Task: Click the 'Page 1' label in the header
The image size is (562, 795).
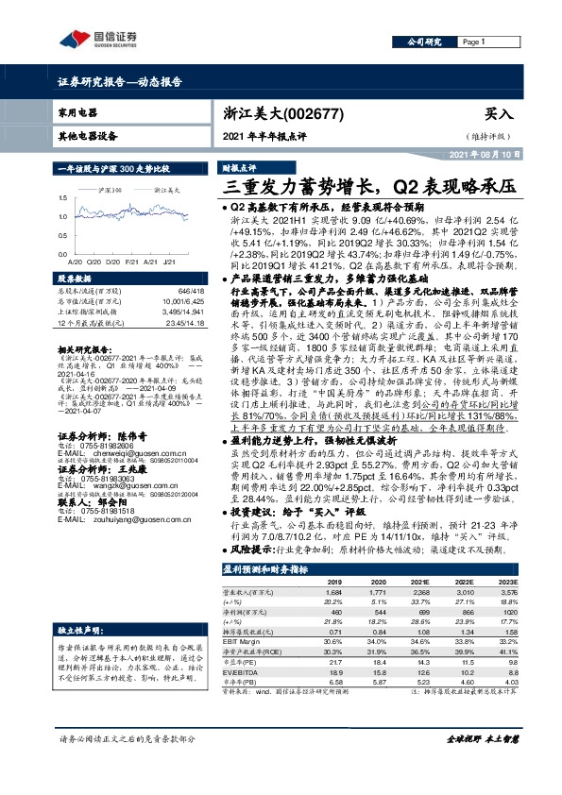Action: tap(473, 42)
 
